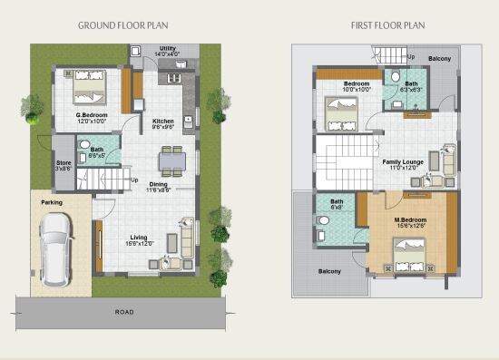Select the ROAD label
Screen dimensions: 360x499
124,312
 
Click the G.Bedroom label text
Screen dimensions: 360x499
93,116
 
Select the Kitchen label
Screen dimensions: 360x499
163,121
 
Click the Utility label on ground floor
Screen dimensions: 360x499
168,48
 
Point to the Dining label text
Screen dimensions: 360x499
158,184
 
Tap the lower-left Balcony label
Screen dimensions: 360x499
329,271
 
